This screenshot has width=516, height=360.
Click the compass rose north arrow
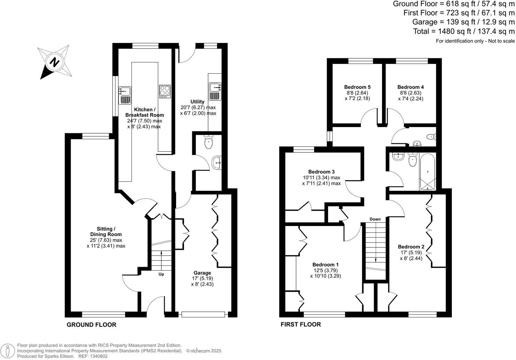click(x=54, y=62)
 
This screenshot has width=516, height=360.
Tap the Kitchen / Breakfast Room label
click(x=144, y=112)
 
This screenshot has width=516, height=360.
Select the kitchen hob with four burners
click(x=165, y=91)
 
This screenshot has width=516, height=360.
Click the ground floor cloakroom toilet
click(x=208, y=142)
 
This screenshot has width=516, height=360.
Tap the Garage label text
click(x=202, y=273)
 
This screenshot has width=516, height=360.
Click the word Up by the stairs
click(x=161, y=274)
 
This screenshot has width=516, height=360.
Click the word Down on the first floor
click(x=375, y=219)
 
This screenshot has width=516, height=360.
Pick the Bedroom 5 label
click(x=357, y=87)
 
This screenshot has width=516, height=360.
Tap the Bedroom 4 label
click(x=410, y=87)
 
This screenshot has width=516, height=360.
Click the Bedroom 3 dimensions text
click(x=321, y=180)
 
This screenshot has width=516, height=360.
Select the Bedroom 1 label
click(x=325, y=265)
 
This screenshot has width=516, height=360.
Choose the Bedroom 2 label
click(x=411, y=247)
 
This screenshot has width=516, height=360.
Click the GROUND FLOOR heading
click(x=91, y=325)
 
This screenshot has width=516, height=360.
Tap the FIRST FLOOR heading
click(x=301, y=324)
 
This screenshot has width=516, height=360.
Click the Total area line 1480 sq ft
click(x=464, y=31)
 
